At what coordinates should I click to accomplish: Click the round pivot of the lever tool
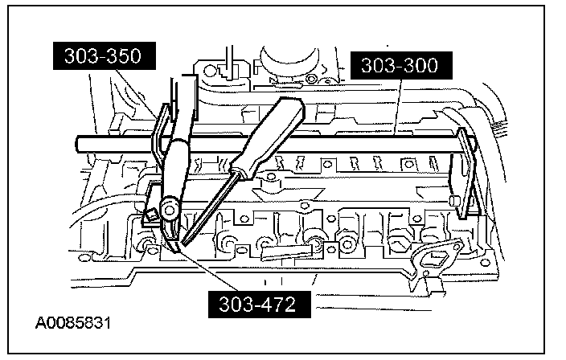[x=168, y=208]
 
